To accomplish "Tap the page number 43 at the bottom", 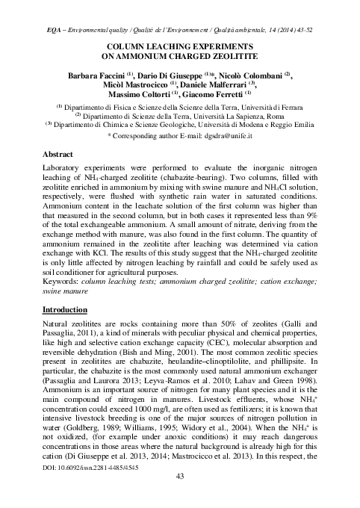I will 179,498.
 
